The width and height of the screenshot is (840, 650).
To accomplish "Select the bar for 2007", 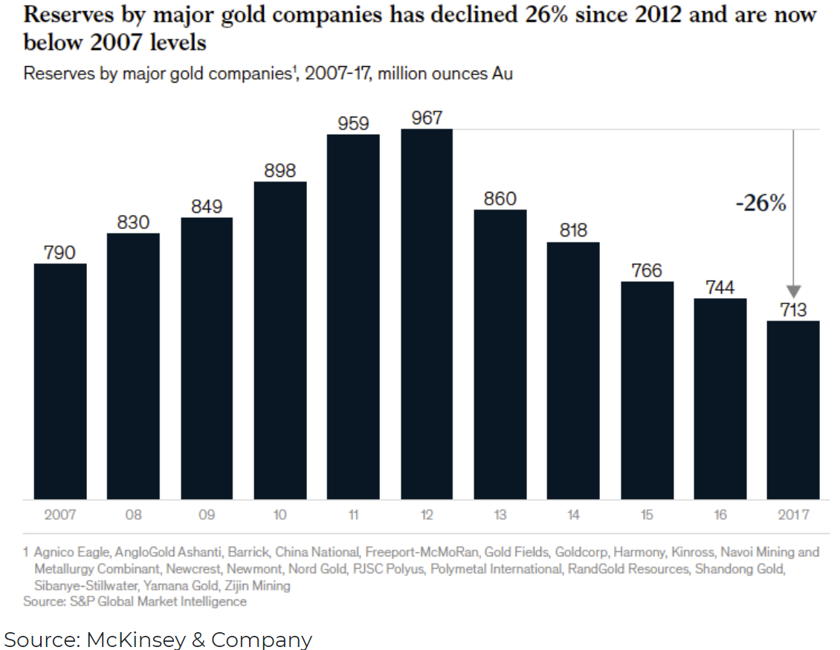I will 60,381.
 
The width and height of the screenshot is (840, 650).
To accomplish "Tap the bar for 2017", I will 793,410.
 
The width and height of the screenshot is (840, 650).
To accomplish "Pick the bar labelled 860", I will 500,354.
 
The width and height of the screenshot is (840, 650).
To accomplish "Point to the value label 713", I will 793,310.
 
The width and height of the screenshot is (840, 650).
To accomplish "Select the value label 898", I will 280,170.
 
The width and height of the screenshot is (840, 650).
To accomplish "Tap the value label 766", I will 647,271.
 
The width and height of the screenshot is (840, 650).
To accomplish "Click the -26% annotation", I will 760,204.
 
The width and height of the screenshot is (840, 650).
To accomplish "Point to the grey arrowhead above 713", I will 793,291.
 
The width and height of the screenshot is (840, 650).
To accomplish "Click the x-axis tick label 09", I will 207,515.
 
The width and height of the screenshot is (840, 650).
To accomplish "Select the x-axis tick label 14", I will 573,515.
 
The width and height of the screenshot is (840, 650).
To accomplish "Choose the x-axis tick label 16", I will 720,515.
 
